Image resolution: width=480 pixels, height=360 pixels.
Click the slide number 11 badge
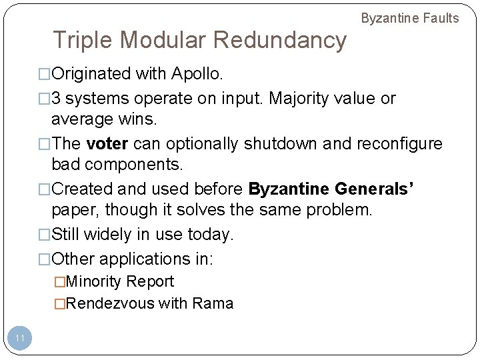20,338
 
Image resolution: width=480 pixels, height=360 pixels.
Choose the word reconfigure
400,144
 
